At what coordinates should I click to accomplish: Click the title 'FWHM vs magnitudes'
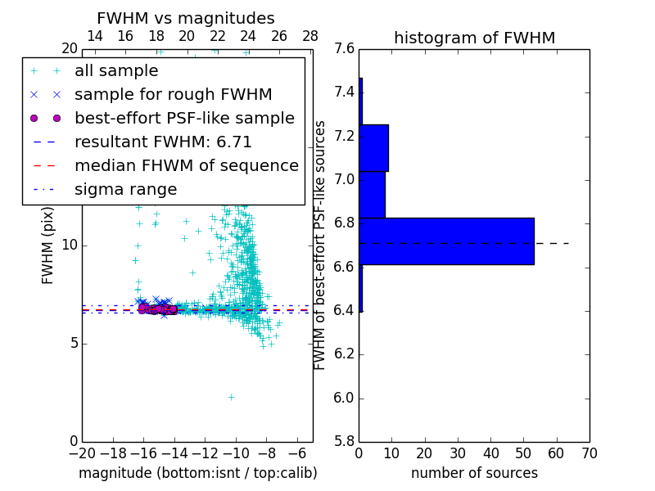pos(186,19)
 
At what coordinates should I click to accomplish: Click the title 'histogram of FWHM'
pos(474,38)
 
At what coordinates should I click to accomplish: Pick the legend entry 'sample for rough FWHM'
pos(173,94)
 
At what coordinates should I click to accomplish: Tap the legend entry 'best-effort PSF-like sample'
pos(184,118)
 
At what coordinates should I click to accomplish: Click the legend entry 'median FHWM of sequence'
pos(186,165)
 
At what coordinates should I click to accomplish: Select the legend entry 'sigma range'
pos(125,189)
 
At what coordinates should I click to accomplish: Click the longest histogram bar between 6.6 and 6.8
pos(446,241)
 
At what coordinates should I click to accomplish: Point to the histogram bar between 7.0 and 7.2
pos(373,148)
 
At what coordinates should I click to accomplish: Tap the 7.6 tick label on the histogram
pos(344,49)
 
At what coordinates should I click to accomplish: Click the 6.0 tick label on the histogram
pos(344,399)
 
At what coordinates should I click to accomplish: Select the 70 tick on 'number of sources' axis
pos(589,453)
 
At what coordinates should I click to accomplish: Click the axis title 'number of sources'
pos(474,473)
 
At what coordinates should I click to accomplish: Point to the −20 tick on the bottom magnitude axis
pos(82,453)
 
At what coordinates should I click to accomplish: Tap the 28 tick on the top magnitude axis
pos(310,36)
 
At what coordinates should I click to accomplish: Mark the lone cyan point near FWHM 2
pos(231,397)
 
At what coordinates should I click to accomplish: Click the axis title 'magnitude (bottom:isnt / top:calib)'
pos(197,473)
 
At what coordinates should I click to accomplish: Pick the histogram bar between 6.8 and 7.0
pos(372,195)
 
